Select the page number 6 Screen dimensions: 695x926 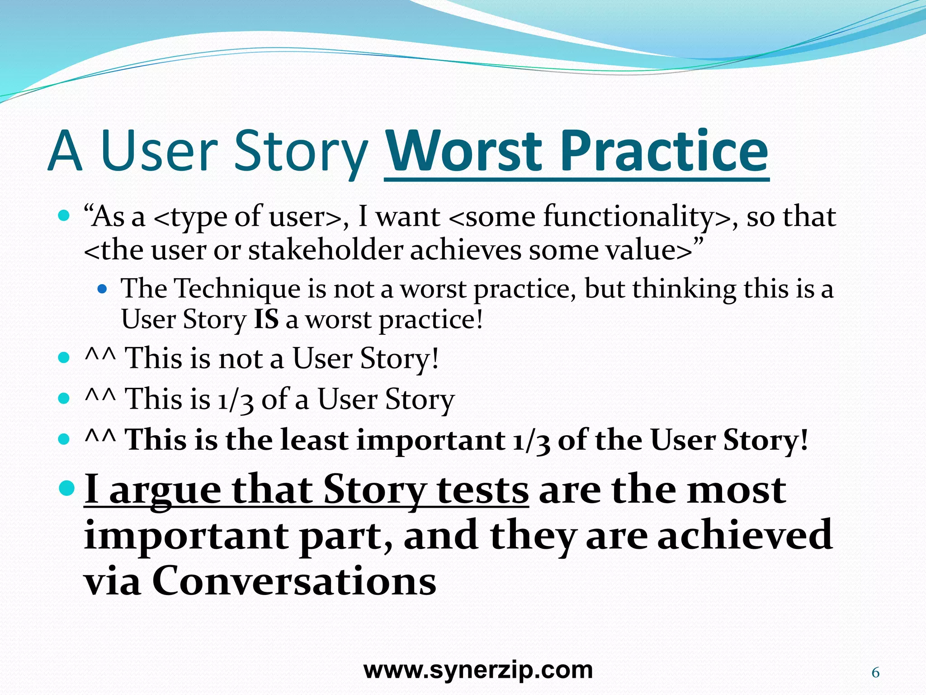tap(875, 673)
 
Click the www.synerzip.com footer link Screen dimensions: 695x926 tap(478, 670)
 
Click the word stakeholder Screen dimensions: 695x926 tap(326, 250)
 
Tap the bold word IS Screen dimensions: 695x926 tap(266, 319)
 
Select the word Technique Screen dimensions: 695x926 tap(237, 288)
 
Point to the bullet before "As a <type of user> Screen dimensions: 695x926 tap(64, 215)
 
